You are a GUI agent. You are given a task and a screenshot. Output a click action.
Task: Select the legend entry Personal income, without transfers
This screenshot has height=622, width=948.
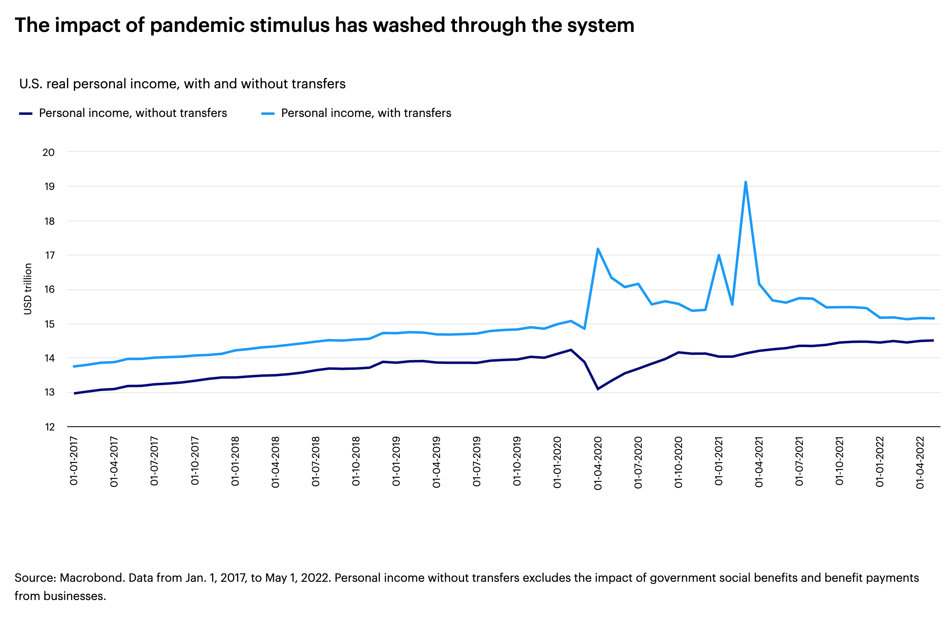133,113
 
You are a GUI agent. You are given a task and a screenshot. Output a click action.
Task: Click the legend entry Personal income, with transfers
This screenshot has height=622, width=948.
366,113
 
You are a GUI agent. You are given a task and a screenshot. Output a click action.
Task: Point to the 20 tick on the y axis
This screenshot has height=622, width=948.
49,153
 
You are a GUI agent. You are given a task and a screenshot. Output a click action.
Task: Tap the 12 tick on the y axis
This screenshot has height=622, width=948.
49,427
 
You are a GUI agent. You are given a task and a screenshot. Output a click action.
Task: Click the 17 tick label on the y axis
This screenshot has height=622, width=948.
49,255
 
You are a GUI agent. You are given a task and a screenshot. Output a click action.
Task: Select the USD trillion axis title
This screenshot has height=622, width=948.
28,289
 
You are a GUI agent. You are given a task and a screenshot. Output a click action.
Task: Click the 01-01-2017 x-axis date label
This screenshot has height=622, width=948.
74,461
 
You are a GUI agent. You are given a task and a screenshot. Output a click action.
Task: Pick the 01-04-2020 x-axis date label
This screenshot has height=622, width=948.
598,463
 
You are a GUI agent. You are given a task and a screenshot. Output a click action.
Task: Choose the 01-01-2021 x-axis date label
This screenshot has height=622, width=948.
718,461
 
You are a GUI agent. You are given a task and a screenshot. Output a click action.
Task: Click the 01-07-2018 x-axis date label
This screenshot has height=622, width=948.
315,461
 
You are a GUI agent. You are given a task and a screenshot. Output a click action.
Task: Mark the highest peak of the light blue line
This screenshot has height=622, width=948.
745,182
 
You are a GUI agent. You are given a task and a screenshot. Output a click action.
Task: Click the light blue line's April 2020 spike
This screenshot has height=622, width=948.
598,249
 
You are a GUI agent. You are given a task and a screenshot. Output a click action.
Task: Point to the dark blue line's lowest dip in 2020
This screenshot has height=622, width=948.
598,389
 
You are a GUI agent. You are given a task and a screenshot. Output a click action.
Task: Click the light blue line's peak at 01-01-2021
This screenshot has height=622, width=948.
718,255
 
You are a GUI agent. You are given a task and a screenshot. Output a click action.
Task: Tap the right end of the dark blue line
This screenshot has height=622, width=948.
933,340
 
